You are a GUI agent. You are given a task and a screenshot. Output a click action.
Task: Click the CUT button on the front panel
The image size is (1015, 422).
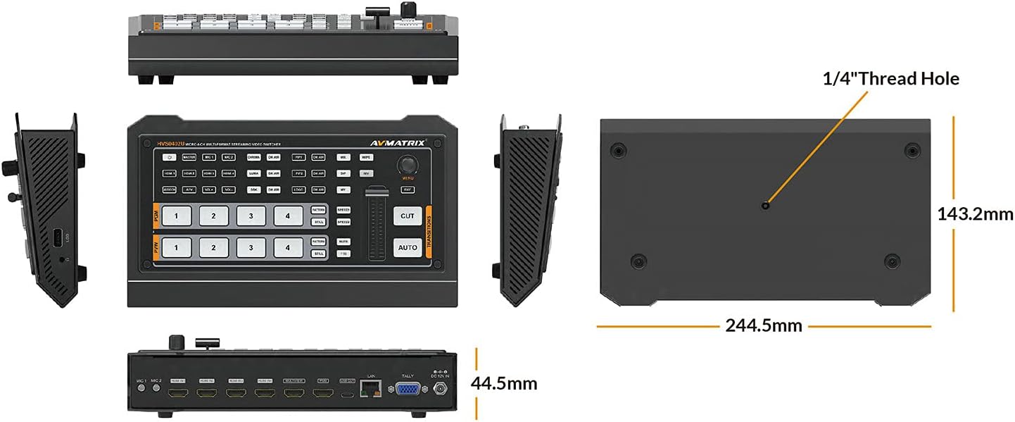(408, 216)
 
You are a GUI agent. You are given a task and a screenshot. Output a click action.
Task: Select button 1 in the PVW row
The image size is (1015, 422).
(176, 247)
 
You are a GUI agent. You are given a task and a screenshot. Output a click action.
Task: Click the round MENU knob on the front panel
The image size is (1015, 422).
(406, 166)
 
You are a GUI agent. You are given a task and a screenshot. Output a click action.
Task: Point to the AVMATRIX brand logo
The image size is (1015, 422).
(397, 143)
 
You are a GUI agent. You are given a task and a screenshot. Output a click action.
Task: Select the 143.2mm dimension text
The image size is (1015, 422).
(975, 214)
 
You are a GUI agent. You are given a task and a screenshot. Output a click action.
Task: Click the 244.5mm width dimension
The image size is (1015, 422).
(764, 325)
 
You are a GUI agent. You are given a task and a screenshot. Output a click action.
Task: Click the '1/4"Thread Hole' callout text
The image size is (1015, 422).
(890, 78)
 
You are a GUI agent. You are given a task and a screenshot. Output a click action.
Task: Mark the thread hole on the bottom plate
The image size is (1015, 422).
(765, 205)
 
